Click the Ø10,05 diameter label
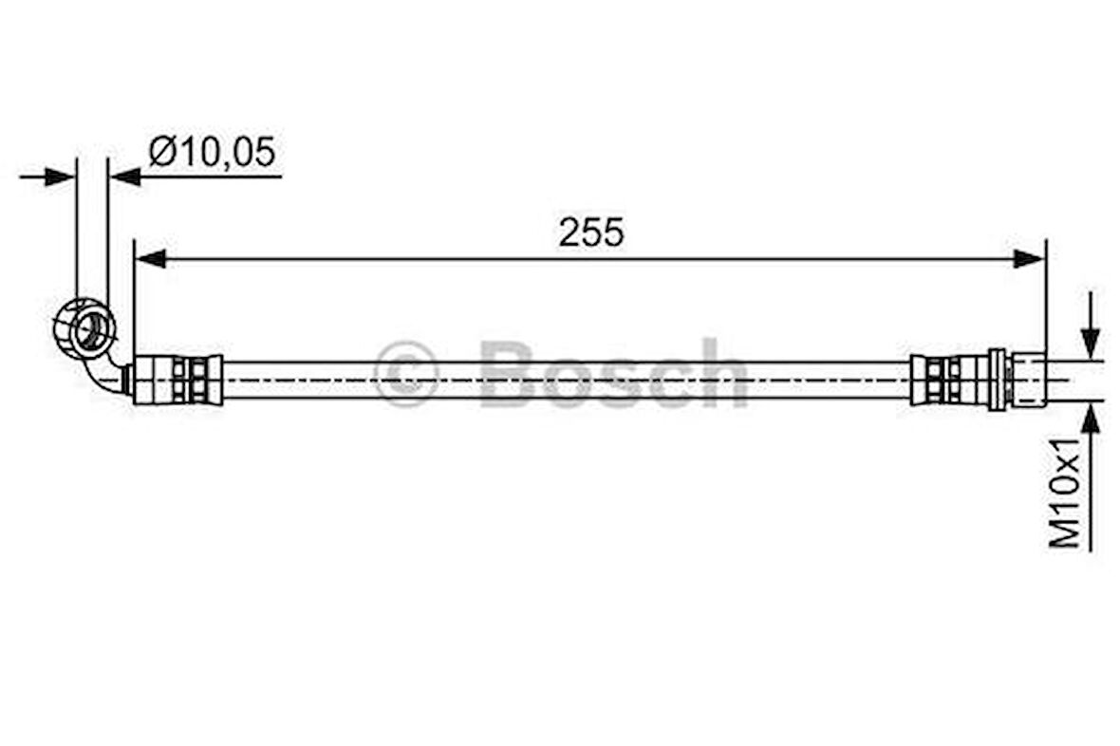click(x=211, y=152)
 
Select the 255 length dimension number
click(x=590, y=233)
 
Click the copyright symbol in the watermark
click(x=405, y=374)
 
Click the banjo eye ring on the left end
click(x=84, y=327)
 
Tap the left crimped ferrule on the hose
click(x=177, y=380)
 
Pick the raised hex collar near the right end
click(x=996, y=380)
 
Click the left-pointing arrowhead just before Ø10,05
click(x=124, y=177)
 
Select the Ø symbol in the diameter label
click(x=161, y=152)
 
